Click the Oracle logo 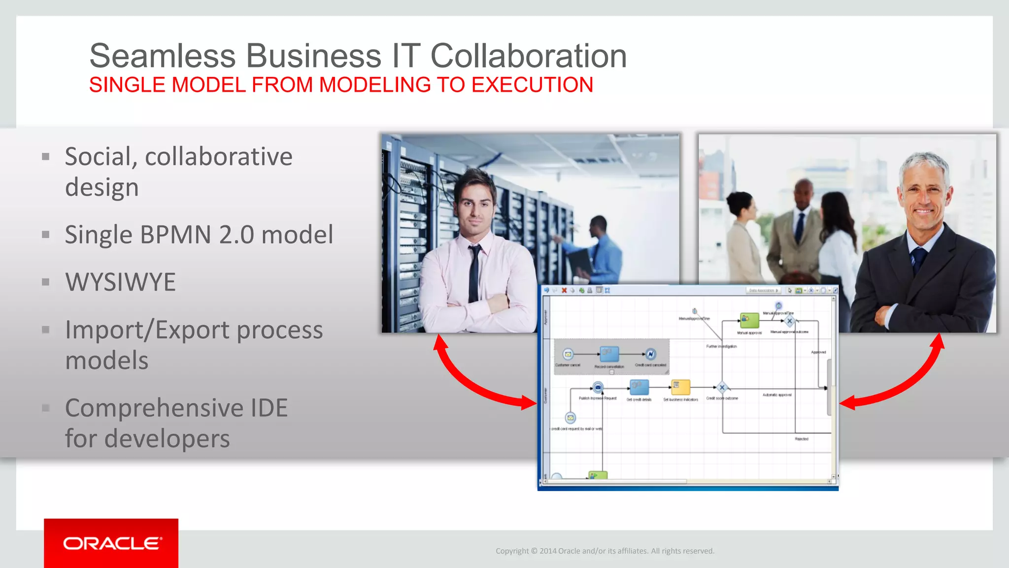tap(111, 543)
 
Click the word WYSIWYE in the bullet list tap(121, 283)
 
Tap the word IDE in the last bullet tap(269, 408)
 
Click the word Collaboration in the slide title tap(528, 56)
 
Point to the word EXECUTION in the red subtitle tap(532, 85)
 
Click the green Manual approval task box tap(749, 320)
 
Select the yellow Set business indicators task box tap(680, 387)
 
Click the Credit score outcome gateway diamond tap(722, 388)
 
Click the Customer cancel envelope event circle tap(568, 354)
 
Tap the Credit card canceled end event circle tap(650, 354)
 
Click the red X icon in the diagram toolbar tap(564, 290)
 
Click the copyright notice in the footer tap(605, 551)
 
